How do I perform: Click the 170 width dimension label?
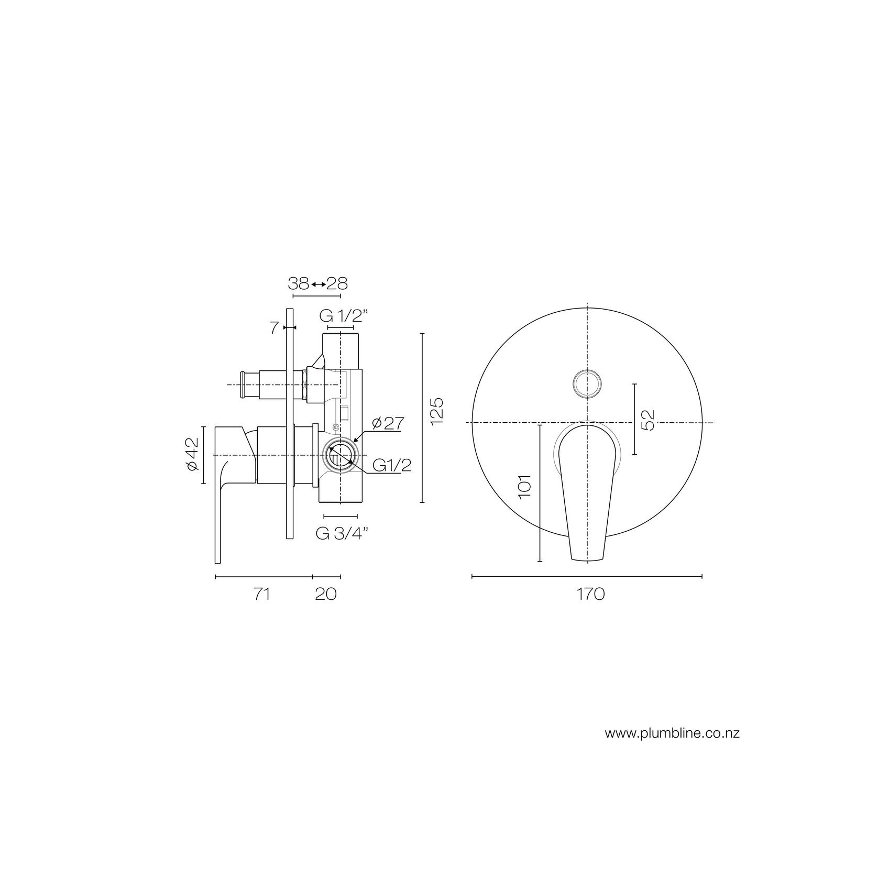click(x=590, y=594)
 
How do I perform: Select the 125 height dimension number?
click(x=437, y=410)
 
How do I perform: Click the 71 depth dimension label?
click(x=261, y=594)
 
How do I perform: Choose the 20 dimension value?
click(x=325, y=594)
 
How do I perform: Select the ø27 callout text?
click(x=386, y=423)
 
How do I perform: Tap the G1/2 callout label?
click(x=391, y=465)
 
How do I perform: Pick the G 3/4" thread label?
click(x=342, y=533)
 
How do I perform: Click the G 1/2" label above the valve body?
click(x=344, y=316)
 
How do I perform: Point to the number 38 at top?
click(x=298, y=283)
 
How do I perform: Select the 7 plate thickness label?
click(x=273, y=328)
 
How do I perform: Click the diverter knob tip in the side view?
click(x=244, y=385)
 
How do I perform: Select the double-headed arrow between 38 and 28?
click(x=317, y=284)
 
